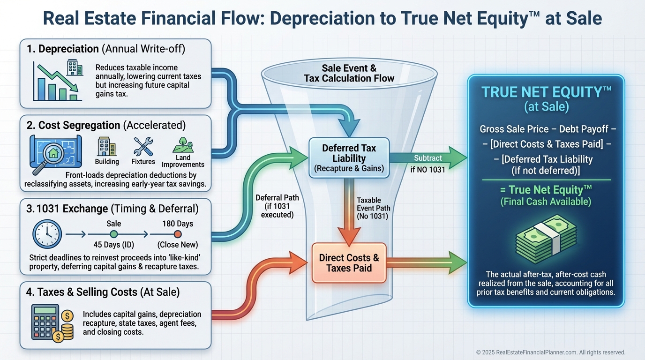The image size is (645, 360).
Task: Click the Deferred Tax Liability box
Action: pyautogui.click(x=349, y=158)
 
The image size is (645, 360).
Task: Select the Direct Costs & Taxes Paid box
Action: pyautogui.click(x=349, y=263)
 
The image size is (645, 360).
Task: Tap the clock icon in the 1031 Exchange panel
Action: pyautogui.click(x=47, y=234)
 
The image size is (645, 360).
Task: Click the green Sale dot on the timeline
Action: pyautogui.click(x=114, y=234)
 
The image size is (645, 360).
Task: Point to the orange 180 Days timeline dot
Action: pyautogui.click(x=178, y=234)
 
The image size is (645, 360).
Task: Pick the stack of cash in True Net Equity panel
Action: pyautogui.click(x=546, y=239)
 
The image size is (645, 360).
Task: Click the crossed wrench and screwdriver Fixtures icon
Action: pyautogui.click(x=143, y=147)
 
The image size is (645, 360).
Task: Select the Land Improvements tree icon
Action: pyautogui.click(x=183, y=145)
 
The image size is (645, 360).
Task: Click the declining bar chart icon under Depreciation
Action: pyautogui.click(x=57, y=81)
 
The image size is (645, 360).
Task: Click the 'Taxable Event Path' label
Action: pyautogui.click(x=373, y=208)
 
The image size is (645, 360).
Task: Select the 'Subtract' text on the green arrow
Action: pyautogui.click(x=428, y=158)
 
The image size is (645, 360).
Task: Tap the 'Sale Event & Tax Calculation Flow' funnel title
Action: pyautogui.click(x=349, y=73)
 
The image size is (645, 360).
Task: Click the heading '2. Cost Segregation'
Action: pyautogui.click(x=74, y=125)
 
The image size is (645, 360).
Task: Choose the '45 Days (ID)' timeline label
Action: pyautogui.click(x=114, y=245)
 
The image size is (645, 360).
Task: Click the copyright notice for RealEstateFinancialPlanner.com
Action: pyautogui.click(x=551, y=352)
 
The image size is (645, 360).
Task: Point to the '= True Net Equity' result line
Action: pyautogui.click(x=546, y=190)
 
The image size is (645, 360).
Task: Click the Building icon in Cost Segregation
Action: pyautogui.click(x=107, y=146)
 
